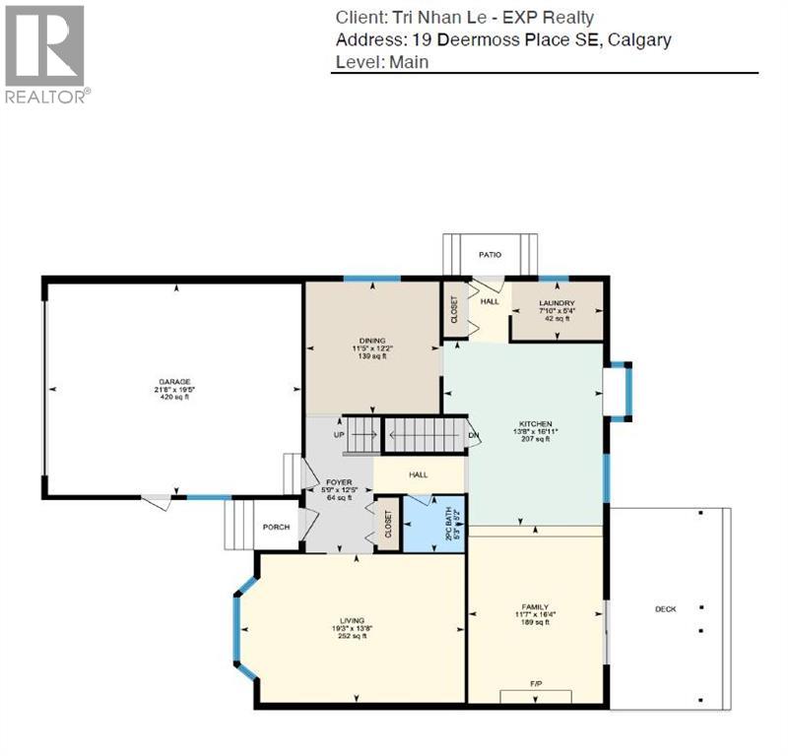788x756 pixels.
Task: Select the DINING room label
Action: [x=372, y=340]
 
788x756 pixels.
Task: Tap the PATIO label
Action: [x=490, y=255]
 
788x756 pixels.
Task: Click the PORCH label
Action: [x=276, y=527]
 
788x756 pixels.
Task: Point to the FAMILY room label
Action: [x=535, y=606]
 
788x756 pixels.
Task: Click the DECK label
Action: [x=666, y=609]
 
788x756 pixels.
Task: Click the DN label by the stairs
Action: [x=473, y=435]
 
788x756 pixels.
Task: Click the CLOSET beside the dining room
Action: [x=454, y=310]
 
